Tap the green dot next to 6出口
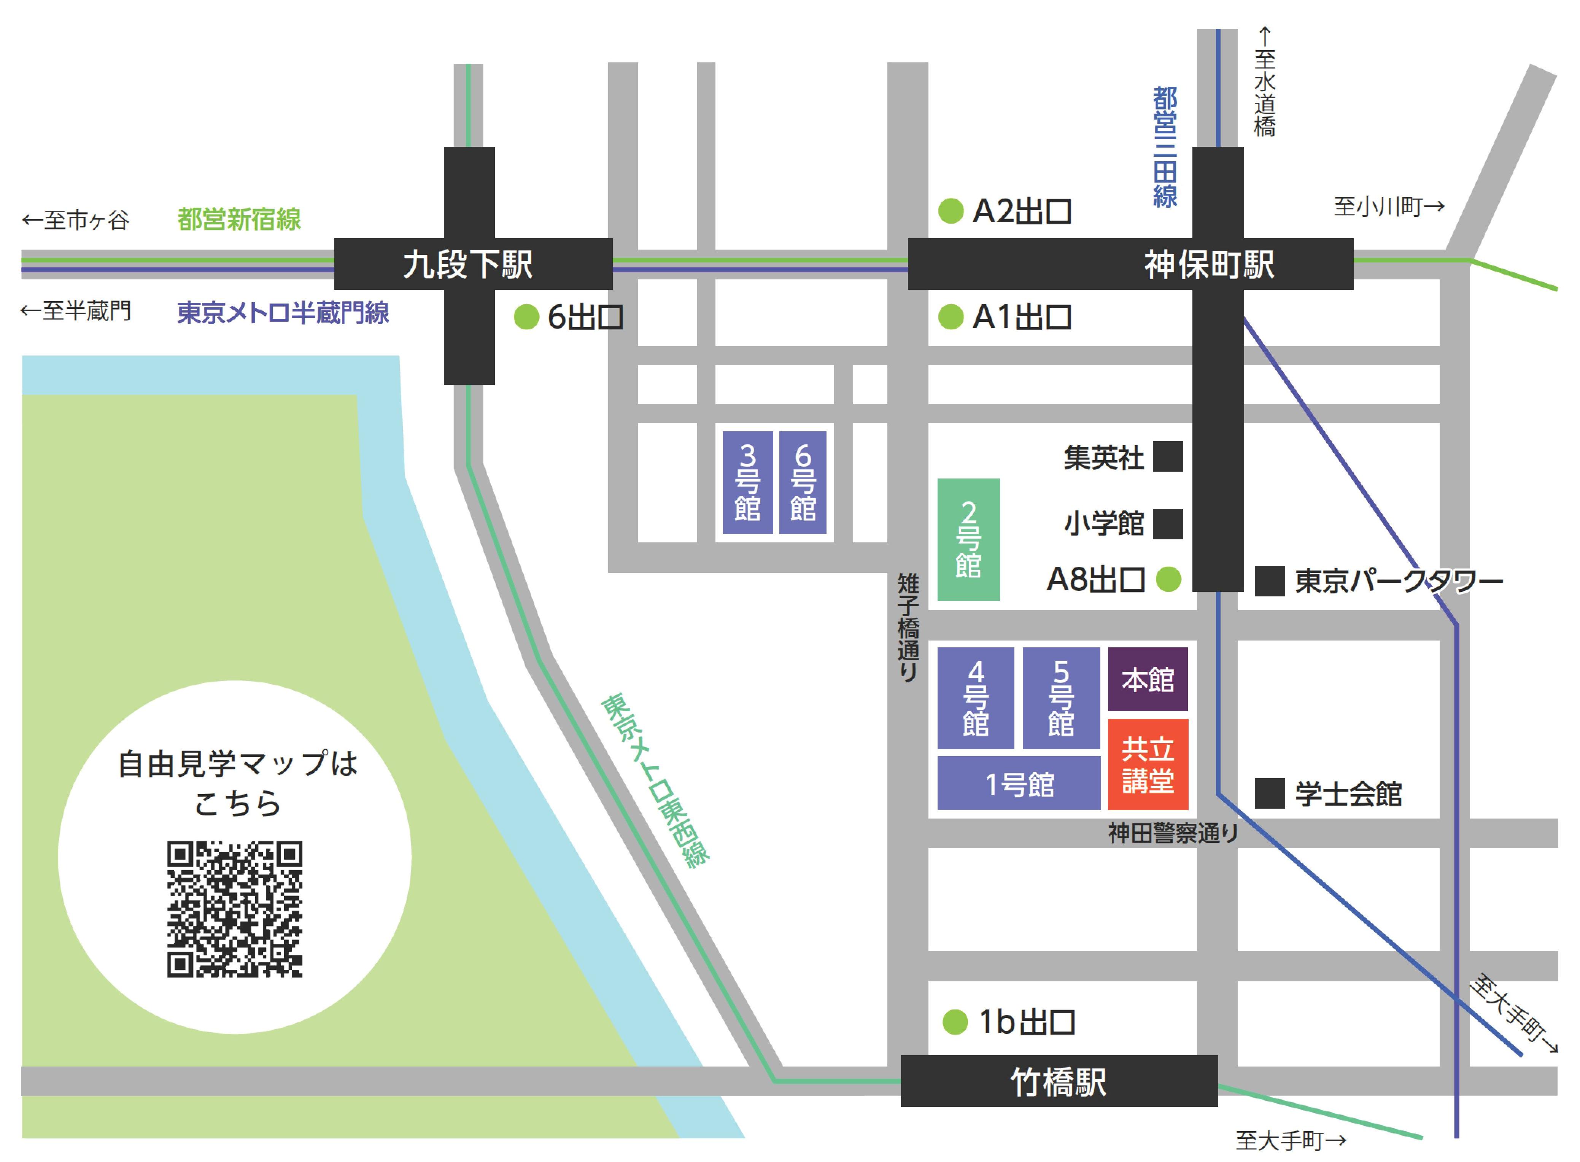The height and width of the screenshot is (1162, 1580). coord(526,317)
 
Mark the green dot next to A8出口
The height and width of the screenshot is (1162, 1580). coord(1168,580)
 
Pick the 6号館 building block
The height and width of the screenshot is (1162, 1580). coord(803,483)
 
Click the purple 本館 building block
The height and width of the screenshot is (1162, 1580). coord(1148,679)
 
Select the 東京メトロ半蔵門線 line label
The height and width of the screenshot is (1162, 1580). coord(283,312)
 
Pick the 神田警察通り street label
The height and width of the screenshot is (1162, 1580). coord(1173,833)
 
